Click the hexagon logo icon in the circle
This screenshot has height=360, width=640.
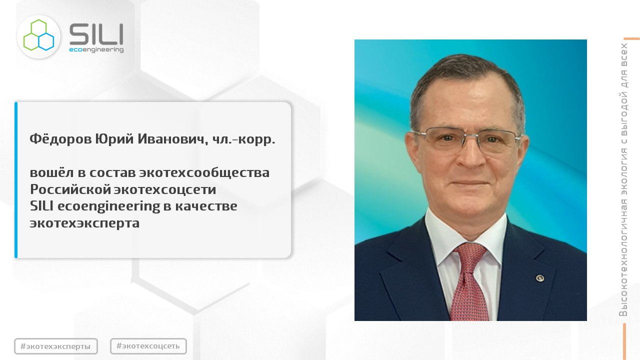pyautogui.click(x=38, y=35)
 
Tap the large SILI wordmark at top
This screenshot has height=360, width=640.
pyautogui.click(x=96, y=34)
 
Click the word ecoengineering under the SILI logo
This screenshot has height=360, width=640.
pyautogui.click(x=96, y=49)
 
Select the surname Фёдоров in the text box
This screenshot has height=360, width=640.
pyautogui.click(x=60, y=139)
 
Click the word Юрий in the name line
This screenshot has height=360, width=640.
pyautogui.click(x=114, y=139)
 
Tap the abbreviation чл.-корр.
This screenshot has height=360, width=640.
pyautogui.click(x=243, y=139)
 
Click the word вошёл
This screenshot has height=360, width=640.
pyautogui.click(x=51, y=172)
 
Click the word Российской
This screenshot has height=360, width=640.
pyautogui.click(x=70, y=189)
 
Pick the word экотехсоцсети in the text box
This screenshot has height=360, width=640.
pyautogui.click(x=165, y=189)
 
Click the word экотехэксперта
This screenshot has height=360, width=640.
pyautogui.click(x=84, y=223)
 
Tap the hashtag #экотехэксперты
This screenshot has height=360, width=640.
pyautogui.click(x=55, y=346)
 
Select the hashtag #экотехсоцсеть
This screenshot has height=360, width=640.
pyautogui.click(x=148, y=346)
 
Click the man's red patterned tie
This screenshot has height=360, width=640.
pyautogui.click(x=470, y=282)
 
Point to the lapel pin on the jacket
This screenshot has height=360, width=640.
pyautogui.click(x=539, y=278)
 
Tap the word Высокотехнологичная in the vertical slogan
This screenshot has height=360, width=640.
pyautogui.click(x=623, y=257)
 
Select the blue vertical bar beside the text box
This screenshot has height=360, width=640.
pyautogui.click(x=16, y=180)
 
